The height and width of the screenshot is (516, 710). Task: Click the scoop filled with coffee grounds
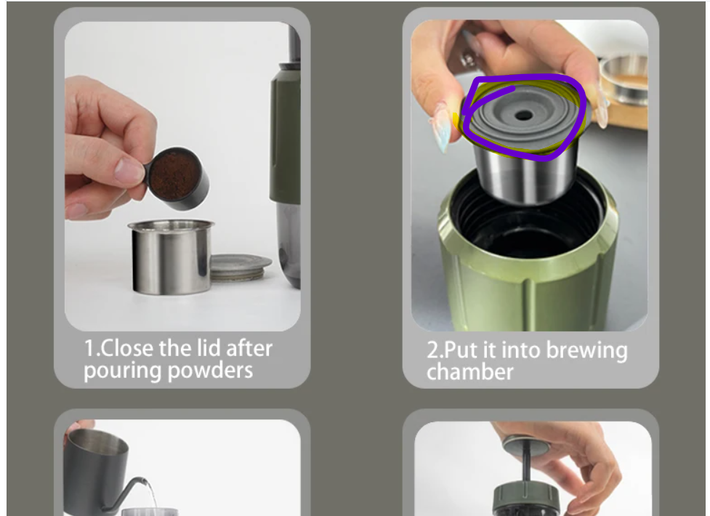tap(178, 177)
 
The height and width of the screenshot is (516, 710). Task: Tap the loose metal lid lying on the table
tap(240, 267)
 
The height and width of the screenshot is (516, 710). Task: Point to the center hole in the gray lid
tap(524, 116)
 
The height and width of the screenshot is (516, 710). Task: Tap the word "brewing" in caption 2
tap(587, 350)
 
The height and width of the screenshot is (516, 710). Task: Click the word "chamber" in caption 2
tap(470, 372)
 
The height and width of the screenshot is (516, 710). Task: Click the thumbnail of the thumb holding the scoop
tap(129, 170)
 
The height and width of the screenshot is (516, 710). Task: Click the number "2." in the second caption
tap(435, 350)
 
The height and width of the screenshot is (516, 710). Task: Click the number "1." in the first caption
tap(92, 348)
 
